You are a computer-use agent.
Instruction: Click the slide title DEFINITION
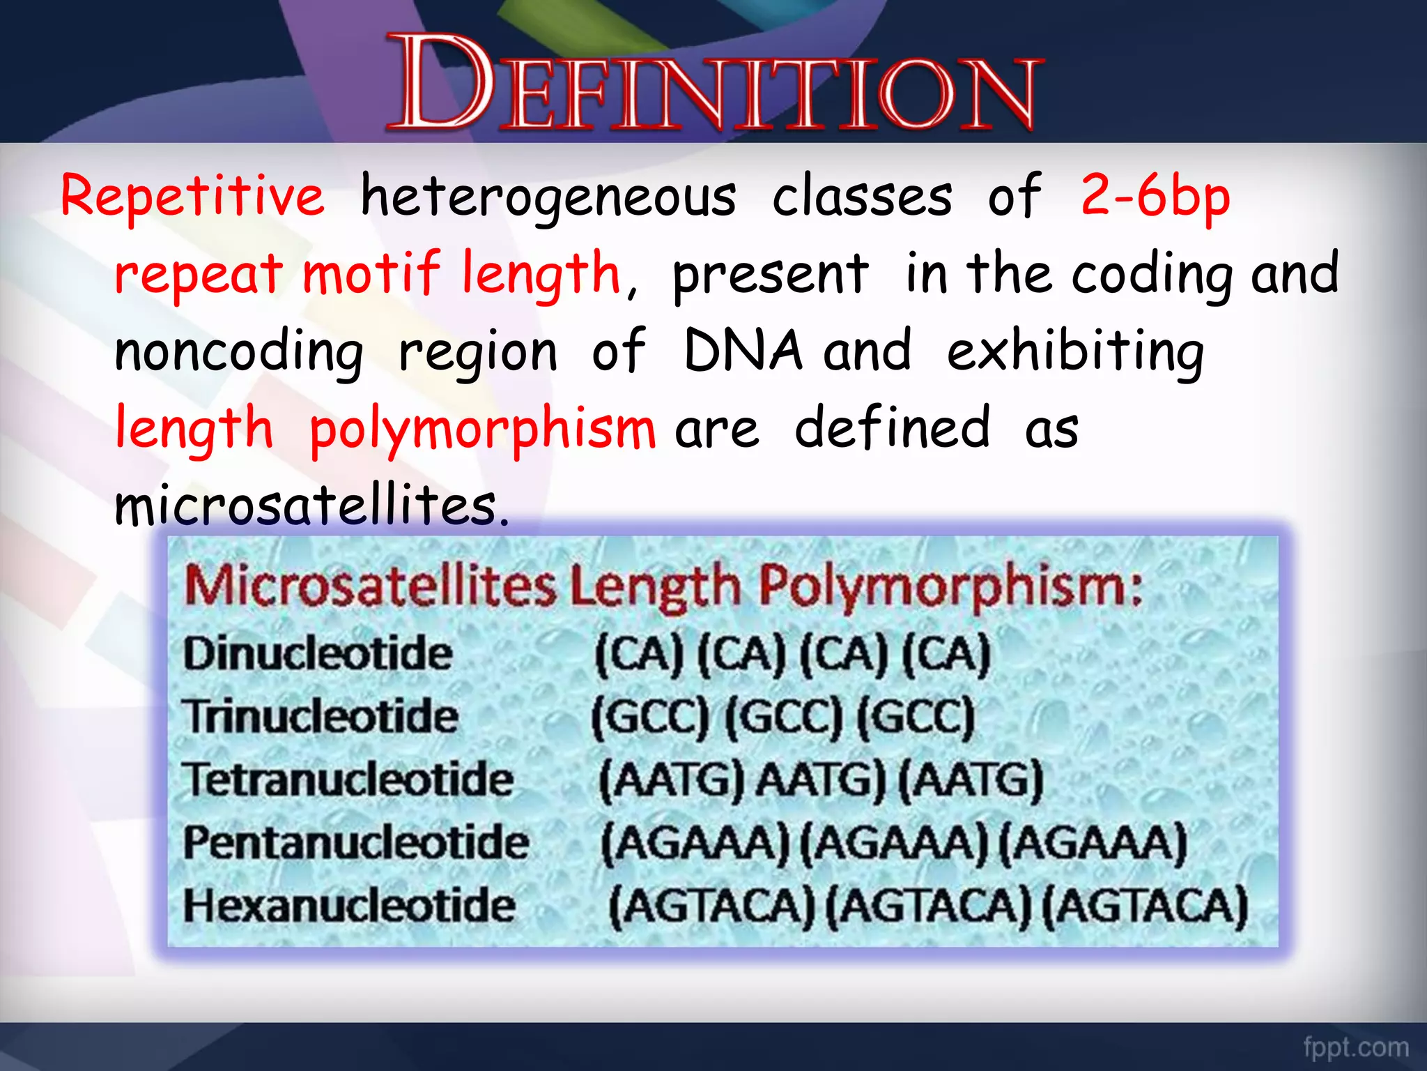[715, 84]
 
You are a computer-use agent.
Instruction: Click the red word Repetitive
[192, 197]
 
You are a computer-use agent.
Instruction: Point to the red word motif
[371, 273]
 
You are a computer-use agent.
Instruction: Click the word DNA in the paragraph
[743, 350]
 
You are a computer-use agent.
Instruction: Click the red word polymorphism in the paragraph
[482, 430]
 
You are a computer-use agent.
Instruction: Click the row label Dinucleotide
[318, 654]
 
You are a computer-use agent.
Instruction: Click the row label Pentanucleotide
[356, 842]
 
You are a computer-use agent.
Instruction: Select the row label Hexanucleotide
[349, 906]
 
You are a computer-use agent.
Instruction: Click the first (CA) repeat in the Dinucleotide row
[639, 654]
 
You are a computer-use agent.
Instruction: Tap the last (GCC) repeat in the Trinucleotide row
[915, 717]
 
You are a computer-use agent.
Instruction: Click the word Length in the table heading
[655, 586]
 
